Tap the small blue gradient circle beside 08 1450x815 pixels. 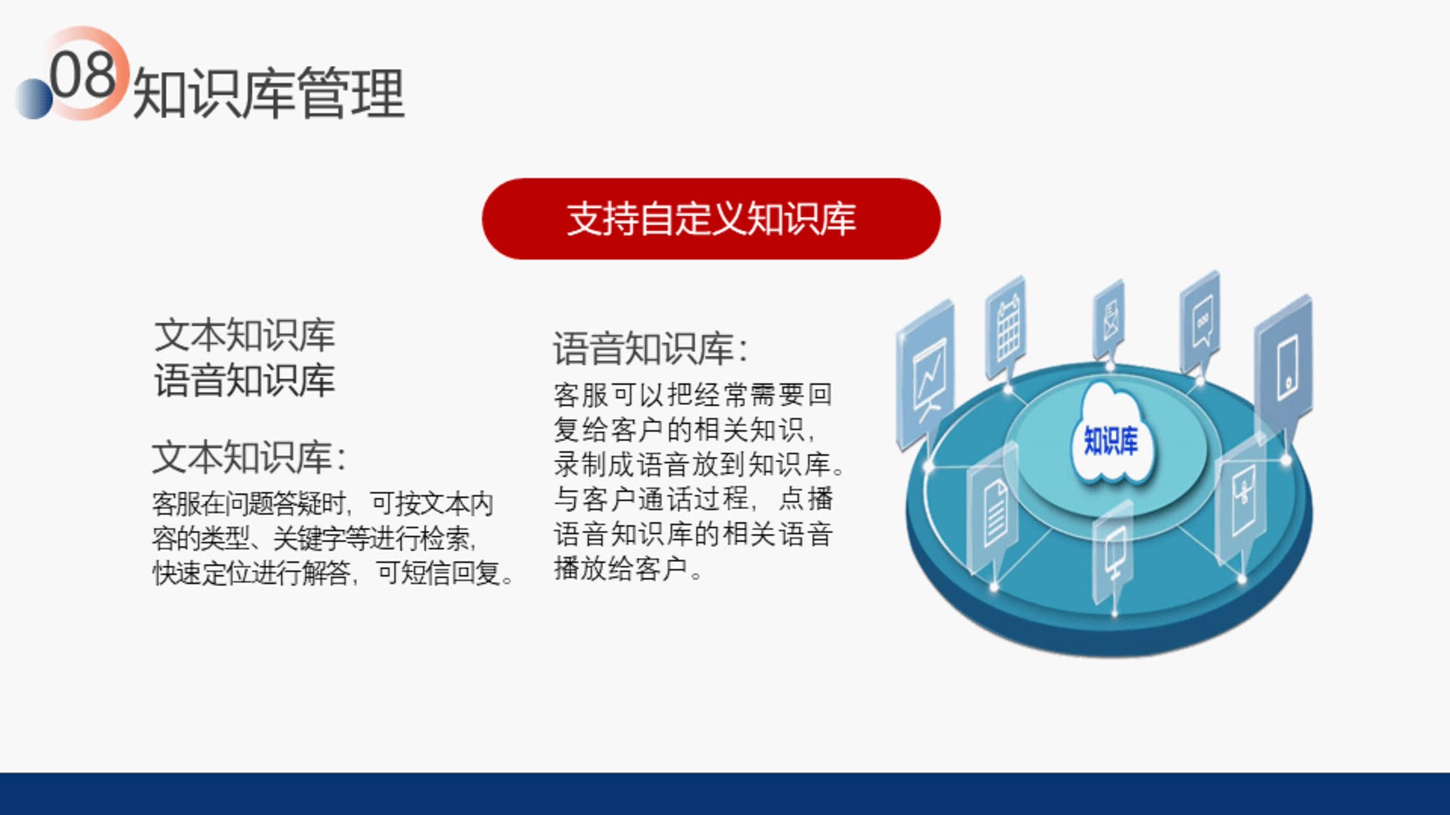(x=34, y=98)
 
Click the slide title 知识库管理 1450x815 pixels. (x=268, y=93)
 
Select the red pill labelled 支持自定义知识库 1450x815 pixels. (x=711, y=219)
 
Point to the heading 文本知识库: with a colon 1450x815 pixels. (x=249, y=457)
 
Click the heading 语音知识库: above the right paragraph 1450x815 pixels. (x=650, y=348)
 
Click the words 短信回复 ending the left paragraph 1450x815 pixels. (x=451, y=573)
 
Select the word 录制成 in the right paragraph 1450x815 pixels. (x=595, y=464)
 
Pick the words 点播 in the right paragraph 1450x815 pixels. (x=806, y=499)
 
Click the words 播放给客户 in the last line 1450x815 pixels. (x=621, y=569)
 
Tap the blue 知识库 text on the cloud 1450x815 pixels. (x=1111, y=440)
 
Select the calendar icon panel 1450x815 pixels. (x=1006, y=330)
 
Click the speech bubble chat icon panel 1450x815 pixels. (x=1201, y=322)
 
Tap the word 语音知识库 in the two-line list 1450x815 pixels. (x=245, y=380)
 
